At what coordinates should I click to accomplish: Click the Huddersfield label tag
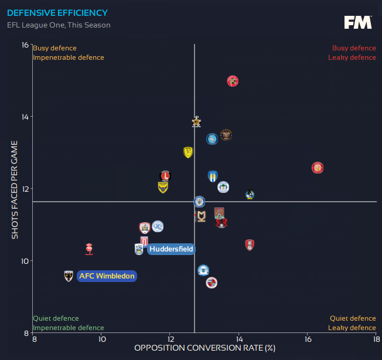point(170,249)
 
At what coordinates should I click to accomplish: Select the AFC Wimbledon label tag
point(107,276)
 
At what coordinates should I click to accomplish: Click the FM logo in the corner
point(357,23)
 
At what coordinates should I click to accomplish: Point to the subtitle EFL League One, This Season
point(59,25)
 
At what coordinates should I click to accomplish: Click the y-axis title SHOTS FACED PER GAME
point(15,189)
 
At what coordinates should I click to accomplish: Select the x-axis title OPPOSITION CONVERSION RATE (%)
point(204,348)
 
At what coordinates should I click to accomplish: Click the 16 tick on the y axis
point(25,45)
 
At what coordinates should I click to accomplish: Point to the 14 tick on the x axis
point(238,339)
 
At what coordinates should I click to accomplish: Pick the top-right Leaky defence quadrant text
point(352,57)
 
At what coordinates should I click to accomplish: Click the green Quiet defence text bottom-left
point(56,318)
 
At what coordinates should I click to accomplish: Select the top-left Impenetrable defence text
point(69,57)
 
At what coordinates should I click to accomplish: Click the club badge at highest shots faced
point(233,81)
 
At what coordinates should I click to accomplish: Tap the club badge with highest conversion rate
point(318,168)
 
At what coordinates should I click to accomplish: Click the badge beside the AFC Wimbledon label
point(69,276)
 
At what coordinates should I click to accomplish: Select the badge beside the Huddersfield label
point(138,249)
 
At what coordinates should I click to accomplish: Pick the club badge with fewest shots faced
point(212,283)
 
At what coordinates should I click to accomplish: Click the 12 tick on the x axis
point(170,339)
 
